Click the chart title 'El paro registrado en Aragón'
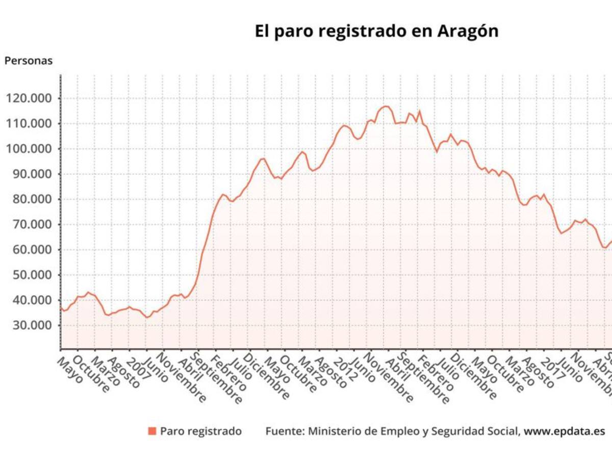pos(376,31)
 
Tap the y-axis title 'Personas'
pos(29,61)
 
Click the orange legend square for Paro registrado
pos(152,431)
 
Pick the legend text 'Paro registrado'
pos(201,431)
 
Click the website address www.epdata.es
pos(564,431)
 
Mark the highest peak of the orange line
pos(386,106)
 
